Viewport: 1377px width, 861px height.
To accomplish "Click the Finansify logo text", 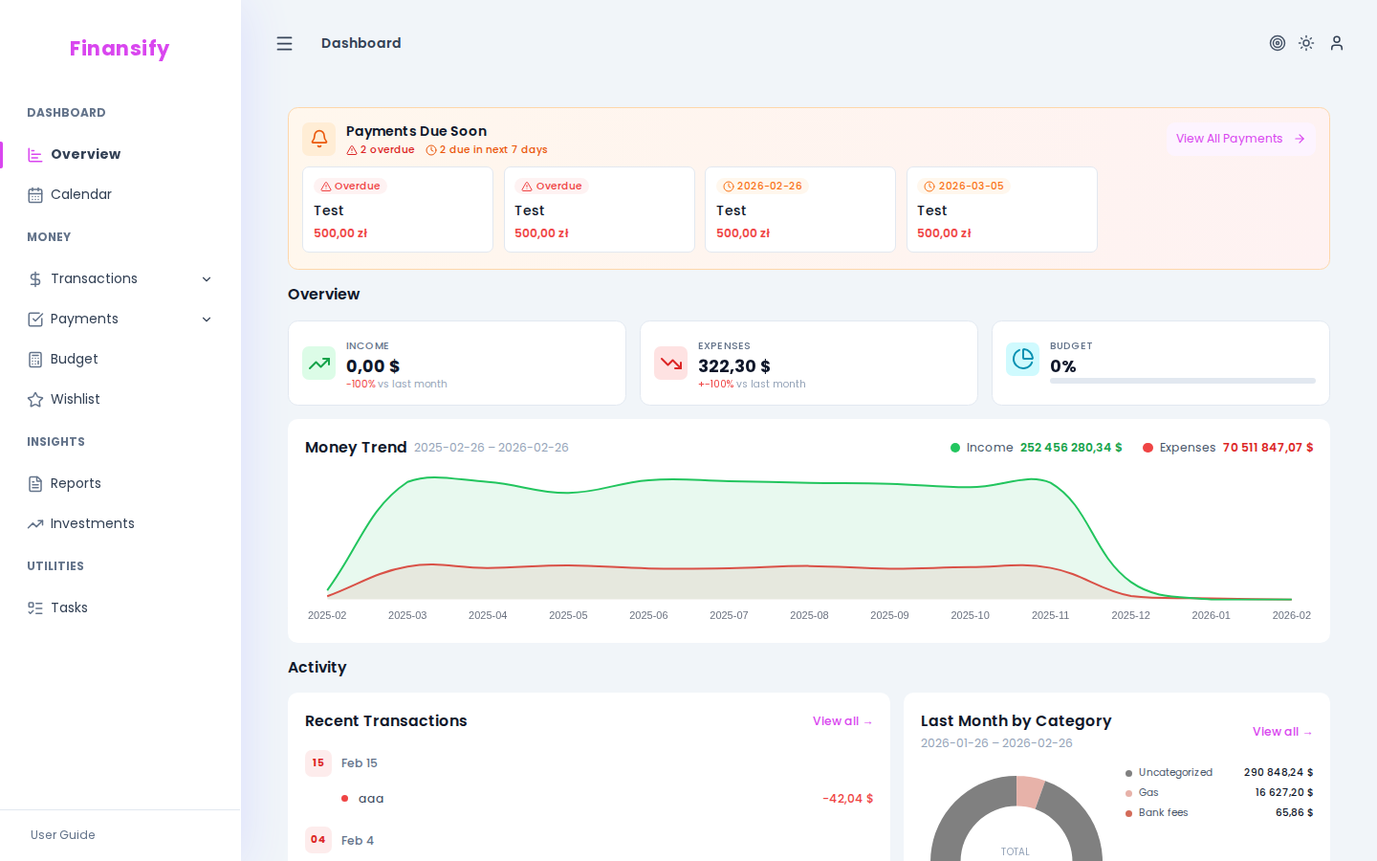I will (119, 48).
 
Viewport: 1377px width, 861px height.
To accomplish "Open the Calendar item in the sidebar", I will (80, 194).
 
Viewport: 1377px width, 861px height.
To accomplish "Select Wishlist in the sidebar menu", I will (75, 399).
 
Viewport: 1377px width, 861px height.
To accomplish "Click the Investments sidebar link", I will (92, 523).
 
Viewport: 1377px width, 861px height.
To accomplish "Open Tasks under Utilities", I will (69, 607).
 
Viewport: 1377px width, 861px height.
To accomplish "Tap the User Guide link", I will (63, 835).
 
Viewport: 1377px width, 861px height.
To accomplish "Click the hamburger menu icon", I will (284, 44).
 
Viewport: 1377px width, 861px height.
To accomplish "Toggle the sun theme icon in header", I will (1306, 43).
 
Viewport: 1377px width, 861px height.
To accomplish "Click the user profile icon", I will (1337, 43).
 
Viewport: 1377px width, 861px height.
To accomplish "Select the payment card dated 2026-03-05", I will (1001, 210).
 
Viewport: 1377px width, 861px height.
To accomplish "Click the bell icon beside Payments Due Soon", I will (319, 139).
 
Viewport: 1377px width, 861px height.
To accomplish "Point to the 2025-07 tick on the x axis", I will (729, 615).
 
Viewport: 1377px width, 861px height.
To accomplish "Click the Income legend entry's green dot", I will (954, 448).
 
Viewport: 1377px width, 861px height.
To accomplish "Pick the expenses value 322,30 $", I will (734, 366).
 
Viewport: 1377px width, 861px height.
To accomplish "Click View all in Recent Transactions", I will (842, 721).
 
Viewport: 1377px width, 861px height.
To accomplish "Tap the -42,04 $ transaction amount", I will (847, 799).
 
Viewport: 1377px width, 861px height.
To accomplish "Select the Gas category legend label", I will (1148, 793).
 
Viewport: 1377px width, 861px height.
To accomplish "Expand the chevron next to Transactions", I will (207, 279).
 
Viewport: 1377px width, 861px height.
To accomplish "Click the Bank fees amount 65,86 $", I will (1294, 813).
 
